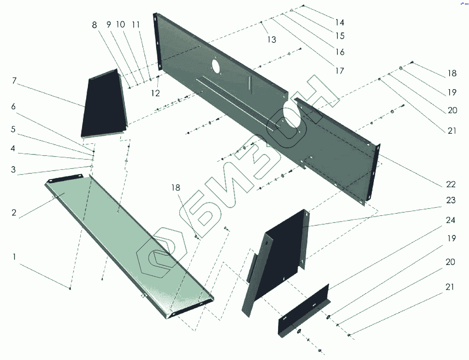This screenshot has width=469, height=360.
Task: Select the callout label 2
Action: pos(14,213)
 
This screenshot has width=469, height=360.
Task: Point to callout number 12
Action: pos(156,93)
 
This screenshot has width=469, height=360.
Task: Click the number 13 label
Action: pos(272,40)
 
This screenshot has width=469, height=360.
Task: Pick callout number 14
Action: pos(339,22)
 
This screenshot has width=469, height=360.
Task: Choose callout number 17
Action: pos(339,71)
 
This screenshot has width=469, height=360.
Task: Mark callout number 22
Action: pos(451,185)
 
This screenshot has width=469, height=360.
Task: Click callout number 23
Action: pos(451,201)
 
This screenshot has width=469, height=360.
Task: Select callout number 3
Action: pos(14,170)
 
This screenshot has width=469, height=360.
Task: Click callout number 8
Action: pos(95,25)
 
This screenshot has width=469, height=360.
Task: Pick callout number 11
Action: pos(135,25)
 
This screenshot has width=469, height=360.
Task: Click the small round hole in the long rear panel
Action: pos(215,66)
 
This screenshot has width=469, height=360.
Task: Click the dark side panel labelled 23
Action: pos(284,252)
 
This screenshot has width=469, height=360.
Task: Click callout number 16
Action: pos(339,52)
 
